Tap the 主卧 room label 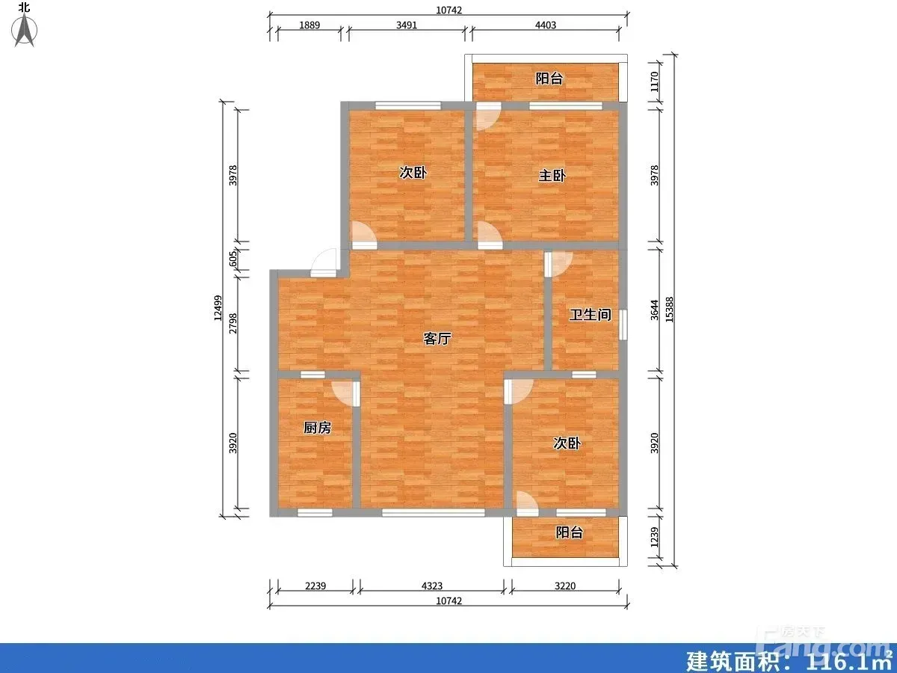(x=552, y=176)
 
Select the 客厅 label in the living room (x=437, y=338)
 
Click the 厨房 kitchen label (x=318, y=428)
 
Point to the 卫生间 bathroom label (x=590, y=315)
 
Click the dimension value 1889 (x=309, y=25)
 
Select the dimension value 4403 (x=546, y=25)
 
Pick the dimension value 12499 (x=218, y=308)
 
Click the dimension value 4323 (x=432, y=586)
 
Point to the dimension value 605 (x=233, y=259)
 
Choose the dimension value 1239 (x=654, y=538)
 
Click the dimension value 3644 (x=654, y=310)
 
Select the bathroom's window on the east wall (x=623, y=325)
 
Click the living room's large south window (x=433, y=512)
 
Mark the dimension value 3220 (x=565, y=586)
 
